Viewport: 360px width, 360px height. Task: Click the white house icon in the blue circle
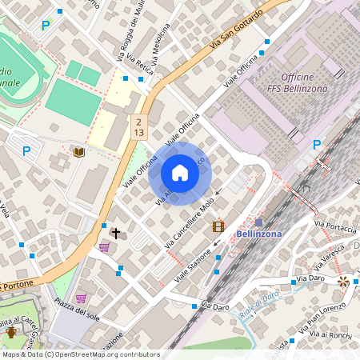click(x=179, y=173)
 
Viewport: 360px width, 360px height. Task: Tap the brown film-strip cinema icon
click(x=218, y=226)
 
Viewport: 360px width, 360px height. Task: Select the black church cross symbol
click(x=116, y=233)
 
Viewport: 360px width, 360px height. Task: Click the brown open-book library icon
click(x=78, y=151)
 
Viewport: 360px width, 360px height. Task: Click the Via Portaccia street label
click(x=334, y=226)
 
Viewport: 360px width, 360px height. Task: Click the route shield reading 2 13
click(x=138, y=126)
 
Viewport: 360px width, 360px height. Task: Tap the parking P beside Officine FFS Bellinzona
click(x=316, y=145)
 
